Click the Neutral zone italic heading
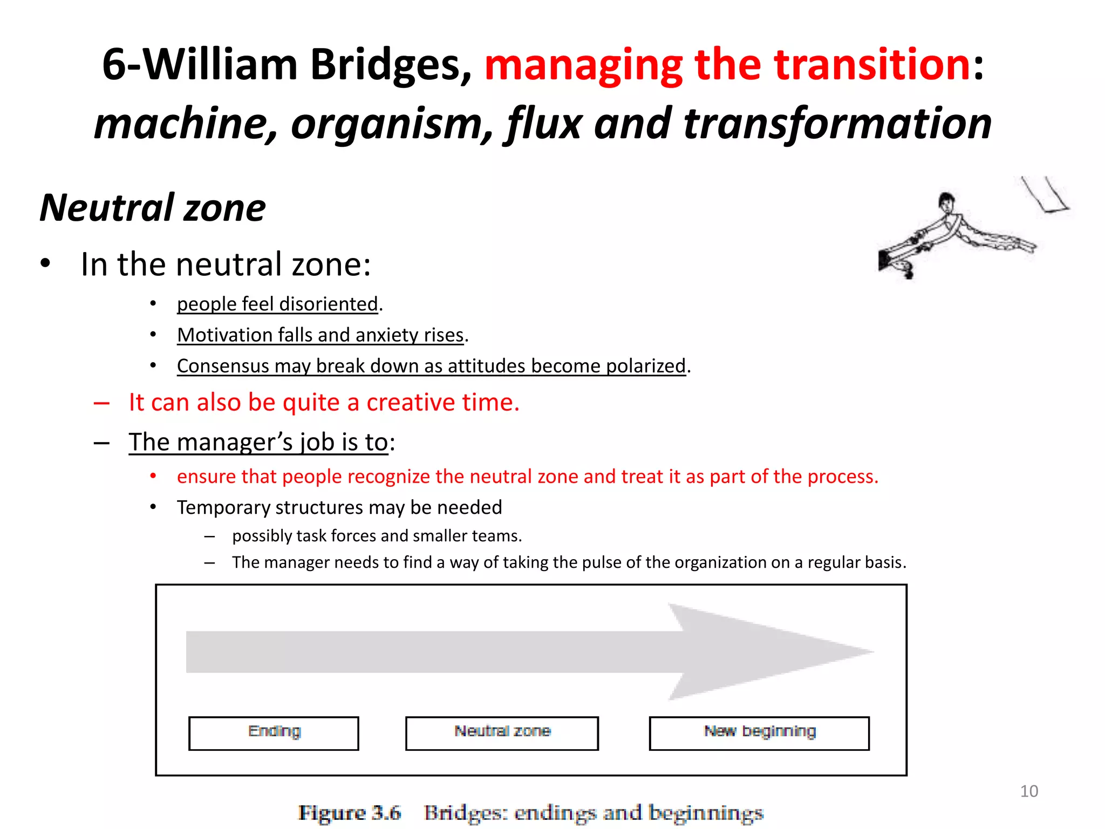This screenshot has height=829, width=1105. pyautogui.click(x=153, y=208)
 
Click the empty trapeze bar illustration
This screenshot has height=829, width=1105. pyautogui.click(x=1046, y=195)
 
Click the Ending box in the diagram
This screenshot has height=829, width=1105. pyautogui.click(x=274, y=733)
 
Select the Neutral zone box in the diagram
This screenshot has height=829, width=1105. pyautogui.click(x=502, y=733)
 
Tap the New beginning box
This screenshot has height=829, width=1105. pyautogui.click(x=759, y=733)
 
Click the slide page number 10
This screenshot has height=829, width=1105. pyautogui.click(x=1028, y=791)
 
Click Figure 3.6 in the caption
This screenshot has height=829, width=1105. pyautogui.click(x=350, y=813)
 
